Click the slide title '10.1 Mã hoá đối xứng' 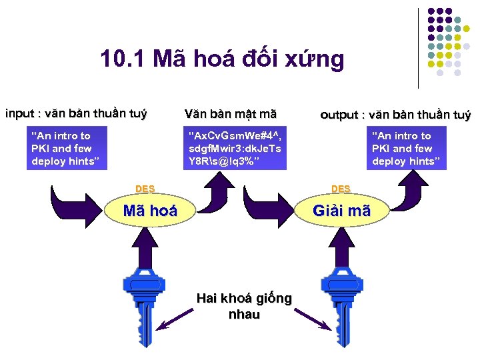(222, 59)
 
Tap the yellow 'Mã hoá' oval (151, 211)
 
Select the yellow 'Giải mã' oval (341, 211)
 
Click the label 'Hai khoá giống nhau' (243, 306)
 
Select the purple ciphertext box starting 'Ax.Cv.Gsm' (235, 149)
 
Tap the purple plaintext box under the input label (66, 149)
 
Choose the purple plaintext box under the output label (407, 149)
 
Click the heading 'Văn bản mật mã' (230, 114)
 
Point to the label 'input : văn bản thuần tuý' (76, 113)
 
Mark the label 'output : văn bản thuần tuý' (395, 115)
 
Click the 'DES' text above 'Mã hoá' (145, 189)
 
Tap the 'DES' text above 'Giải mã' (341, 189)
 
